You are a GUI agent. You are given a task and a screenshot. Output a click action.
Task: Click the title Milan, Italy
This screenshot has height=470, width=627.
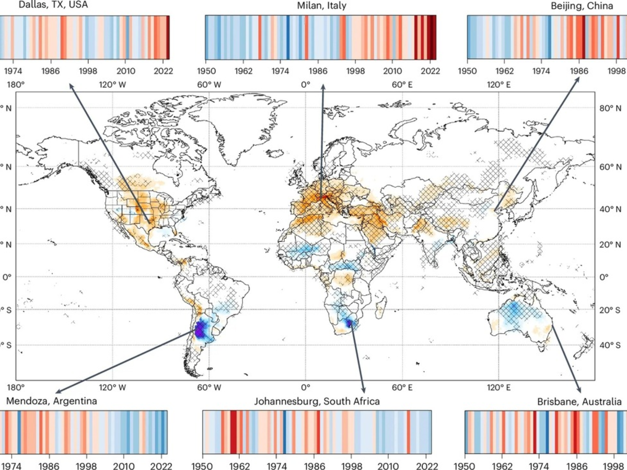(x=321, y=6)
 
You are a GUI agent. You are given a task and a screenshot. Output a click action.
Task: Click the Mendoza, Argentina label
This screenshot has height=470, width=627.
(x=51, y=402)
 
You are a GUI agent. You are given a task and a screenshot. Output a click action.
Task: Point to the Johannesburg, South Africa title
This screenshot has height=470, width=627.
(x=317, y=402)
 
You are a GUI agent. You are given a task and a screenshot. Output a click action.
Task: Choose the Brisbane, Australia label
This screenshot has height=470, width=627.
(x=579, y=402)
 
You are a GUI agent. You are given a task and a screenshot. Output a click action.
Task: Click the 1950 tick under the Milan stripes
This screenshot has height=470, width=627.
(x=205, y=70)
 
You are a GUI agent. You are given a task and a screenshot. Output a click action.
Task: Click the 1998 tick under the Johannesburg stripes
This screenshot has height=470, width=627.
(x=354, y=463)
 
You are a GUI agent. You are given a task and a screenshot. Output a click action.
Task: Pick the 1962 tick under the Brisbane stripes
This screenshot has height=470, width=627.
(x=503, y=463)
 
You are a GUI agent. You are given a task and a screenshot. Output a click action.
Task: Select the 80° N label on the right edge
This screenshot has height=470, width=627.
(x=610, y=108)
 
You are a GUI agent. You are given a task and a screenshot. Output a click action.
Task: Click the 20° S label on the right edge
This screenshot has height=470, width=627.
(x=610, y=310)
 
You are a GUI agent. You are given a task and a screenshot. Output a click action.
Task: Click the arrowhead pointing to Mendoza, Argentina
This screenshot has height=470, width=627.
(x=57, y=392)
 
